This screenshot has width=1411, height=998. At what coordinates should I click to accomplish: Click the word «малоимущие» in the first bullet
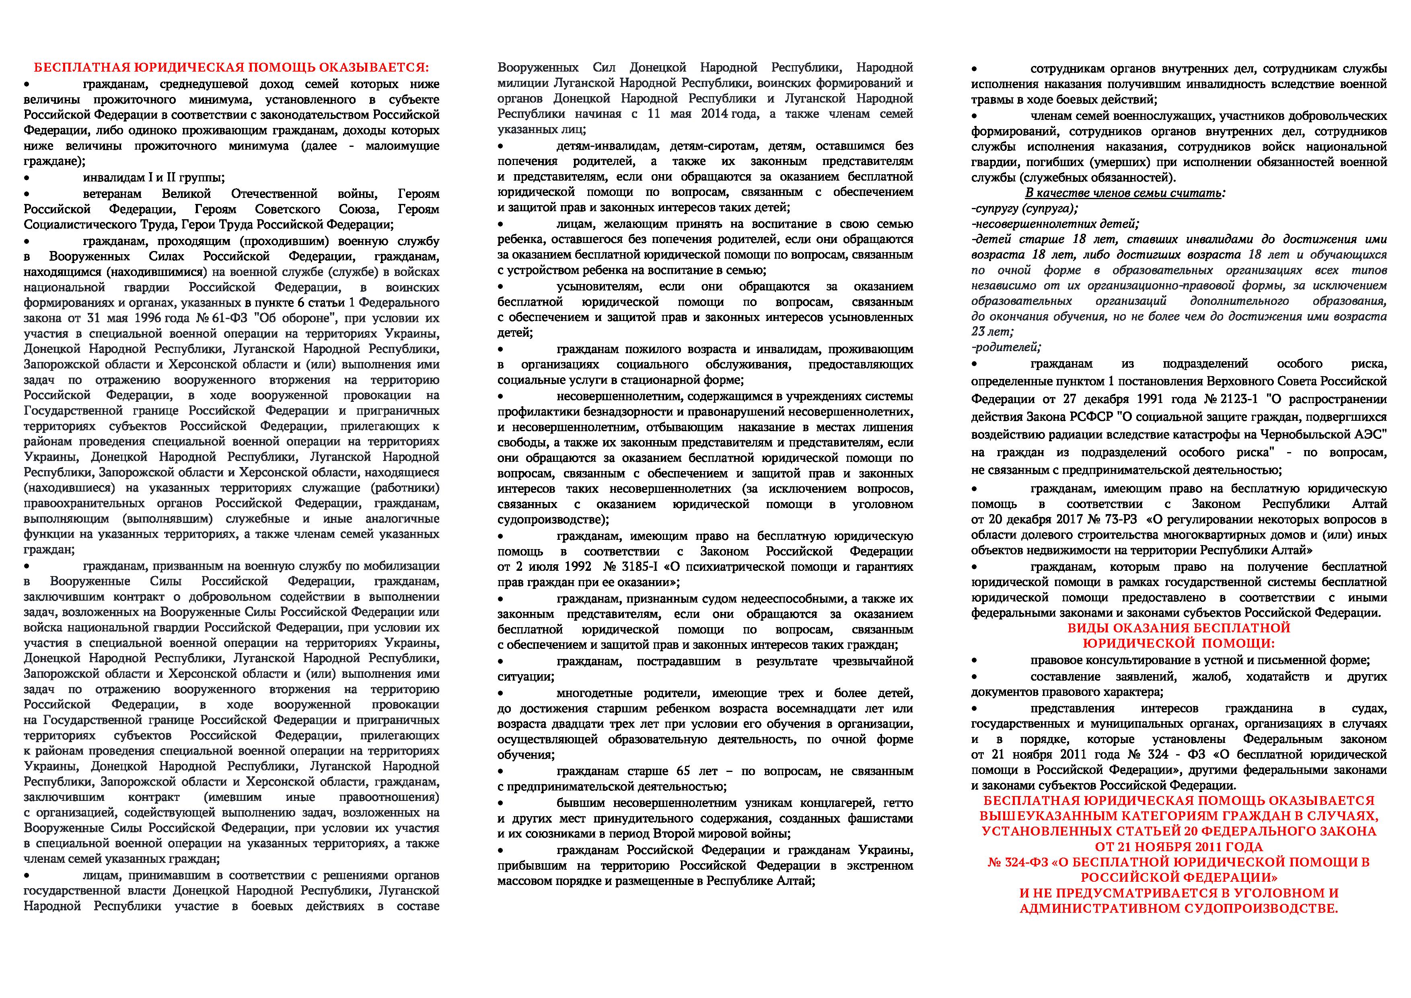pyautogui.click(x=403, y=146)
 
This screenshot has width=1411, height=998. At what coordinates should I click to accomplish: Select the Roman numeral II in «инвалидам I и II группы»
pyautogui.click(x=168, y=178)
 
